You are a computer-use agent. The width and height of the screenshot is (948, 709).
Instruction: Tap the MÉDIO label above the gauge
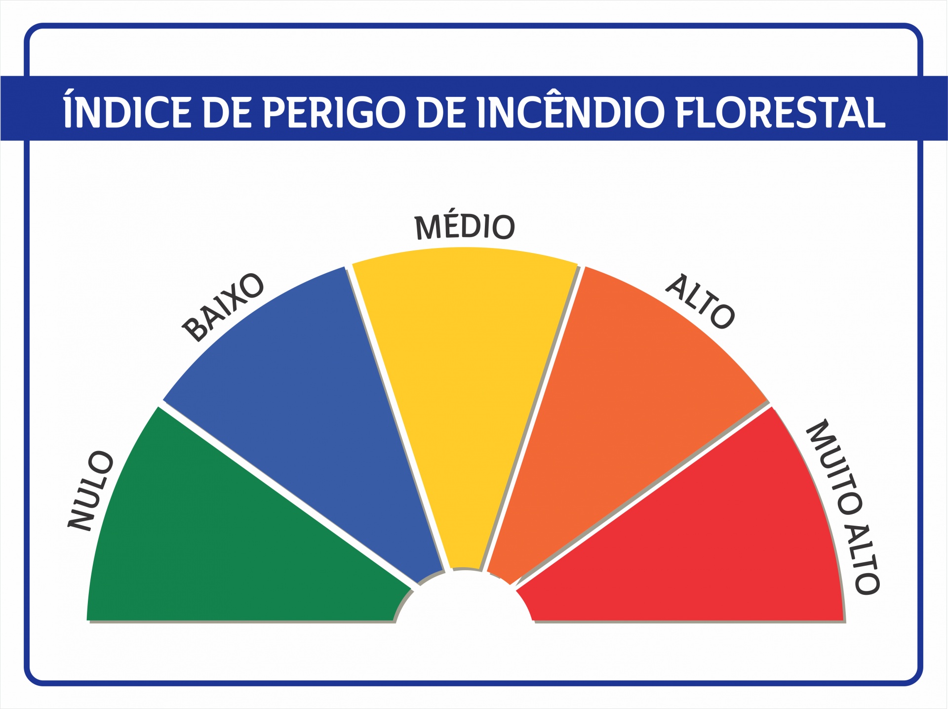click(x=465, y=227)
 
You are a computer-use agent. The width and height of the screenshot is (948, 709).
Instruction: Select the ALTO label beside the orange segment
click(x=700, y=301)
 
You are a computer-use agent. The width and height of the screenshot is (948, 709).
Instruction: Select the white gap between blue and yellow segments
click(x=397, y=418)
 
